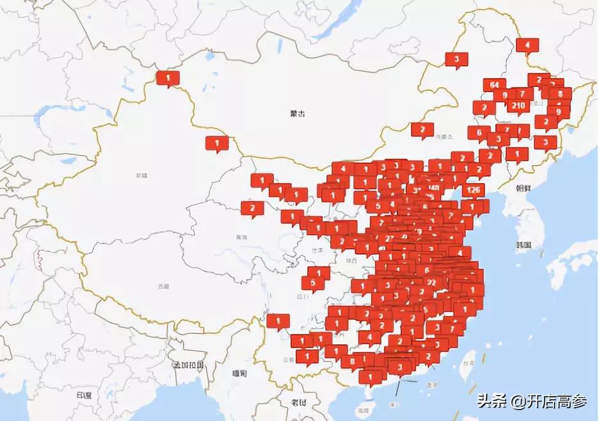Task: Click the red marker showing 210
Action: (x=519, y=106)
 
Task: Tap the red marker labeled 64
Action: (x=494, y=85)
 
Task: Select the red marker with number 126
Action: (x=473, y=191)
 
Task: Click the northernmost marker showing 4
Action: (x=527, y=45)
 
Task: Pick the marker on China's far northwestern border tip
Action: (x=168, y=79)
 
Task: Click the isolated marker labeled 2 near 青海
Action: (x=252, y=208)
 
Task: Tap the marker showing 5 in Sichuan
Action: (x=313, y=283)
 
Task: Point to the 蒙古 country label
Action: (x=297, y=113)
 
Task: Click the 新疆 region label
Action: (x=141, y=175)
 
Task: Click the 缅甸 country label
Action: (x=241, y=373)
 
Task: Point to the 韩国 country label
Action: (x=523, y=245)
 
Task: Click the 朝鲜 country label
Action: (x=523, y=189)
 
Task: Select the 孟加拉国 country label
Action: (x=188, y=365)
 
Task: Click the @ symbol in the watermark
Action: (x=516, y=402)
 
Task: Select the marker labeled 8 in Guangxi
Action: (x=352, y=361)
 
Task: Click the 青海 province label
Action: (x=241, y=237)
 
